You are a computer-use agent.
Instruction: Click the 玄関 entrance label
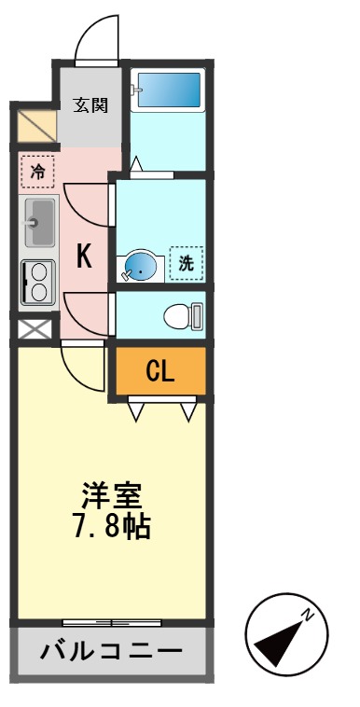point(90,104)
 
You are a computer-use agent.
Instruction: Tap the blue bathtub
point(166,91)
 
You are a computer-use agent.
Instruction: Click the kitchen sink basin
point(38,222)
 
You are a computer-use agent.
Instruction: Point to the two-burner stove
point(38,281)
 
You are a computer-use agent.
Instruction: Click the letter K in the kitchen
point(84,256)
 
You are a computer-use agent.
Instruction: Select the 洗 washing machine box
point(187,263)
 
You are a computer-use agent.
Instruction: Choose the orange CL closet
point(159,371)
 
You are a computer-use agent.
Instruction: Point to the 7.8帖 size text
point(111,526)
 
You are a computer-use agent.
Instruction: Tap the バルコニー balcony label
point(110,650)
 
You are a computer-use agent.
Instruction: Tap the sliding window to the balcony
point(111,622)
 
